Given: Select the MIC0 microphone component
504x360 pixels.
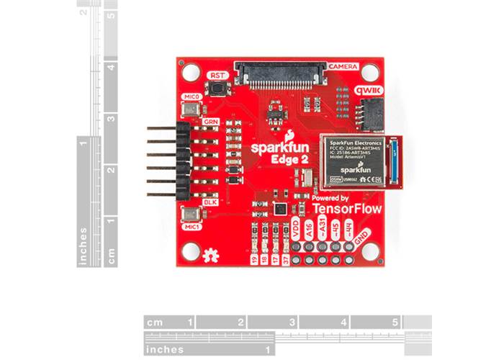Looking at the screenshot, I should click(x=192, y=108).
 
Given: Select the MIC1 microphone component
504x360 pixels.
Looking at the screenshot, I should click(x=192, y=215).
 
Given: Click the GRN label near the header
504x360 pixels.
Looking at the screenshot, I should click(x=210, y=122).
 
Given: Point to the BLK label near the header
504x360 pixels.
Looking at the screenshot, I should click(x=210, y=202).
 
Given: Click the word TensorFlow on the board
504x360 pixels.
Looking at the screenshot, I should click(x=347, y=208).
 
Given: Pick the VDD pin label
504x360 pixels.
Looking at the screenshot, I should click(x=295, y=230).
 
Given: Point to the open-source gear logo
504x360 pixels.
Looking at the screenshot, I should click(x=211, y=254).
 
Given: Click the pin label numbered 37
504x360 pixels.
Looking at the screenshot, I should click(x=287, y=260).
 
